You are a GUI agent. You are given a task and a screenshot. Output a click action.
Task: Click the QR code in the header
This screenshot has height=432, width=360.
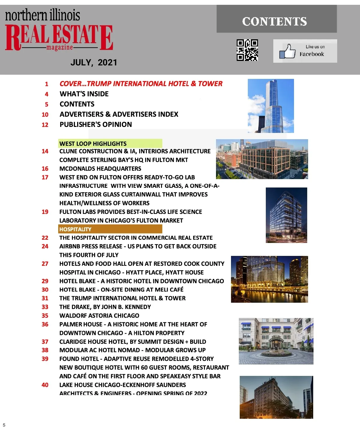[x=247, y=50]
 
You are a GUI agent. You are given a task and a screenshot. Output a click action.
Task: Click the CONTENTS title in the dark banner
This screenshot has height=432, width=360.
[x=274, y=22]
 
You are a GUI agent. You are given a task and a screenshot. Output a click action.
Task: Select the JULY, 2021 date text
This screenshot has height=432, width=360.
[x=94, y=62]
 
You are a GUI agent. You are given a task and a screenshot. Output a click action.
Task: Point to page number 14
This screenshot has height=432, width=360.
[x=45, y=151]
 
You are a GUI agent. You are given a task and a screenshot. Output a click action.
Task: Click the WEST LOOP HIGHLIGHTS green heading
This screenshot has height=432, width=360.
[x=93, y=144]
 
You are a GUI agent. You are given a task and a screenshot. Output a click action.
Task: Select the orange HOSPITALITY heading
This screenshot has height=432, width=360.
[x=75, y=229]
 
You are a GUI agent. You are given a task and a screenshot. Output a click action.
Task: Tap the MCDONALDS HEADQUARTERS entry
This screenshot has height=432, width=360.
[x=100, y=169]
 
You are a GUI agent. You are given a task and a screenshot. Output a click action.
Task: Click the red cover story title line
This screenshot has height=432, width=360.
[x=141, y=84]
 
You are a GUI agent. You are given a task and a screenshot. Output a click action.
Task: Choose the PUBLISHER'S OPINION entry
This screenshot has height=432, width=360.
[x=96, y=124]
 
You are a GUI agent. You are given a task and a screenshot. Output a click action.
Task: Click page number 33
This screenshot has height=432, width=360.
[x=45, y=307]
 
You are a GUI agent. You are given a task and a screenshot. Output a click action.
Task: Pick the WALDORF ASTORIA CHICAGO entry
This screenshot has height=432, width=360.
[x=99, y=316]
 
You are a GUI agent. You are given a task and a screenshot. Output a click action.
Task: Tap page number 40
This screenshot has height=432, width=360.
[x=45, y=385]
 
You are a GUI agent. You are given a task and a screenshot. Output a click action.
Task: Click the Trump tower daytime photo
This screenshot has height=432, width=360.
[x=271, y=106]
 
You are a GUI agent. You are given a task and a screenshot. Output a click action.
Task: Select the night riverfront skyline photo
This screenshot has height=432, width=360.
[x=269, y=279]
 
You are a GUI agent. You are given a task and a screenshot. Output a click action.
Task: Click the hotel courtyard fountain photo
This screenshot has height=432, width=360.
[x=276, y=341]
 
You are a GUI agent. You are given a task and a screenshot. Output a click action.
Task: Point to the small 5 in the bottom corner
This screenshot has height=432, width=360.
[x=4, y=425]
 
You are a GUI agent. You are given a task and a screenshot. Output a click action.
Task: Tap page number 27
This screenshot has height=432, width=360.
[x=45, y=264]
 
